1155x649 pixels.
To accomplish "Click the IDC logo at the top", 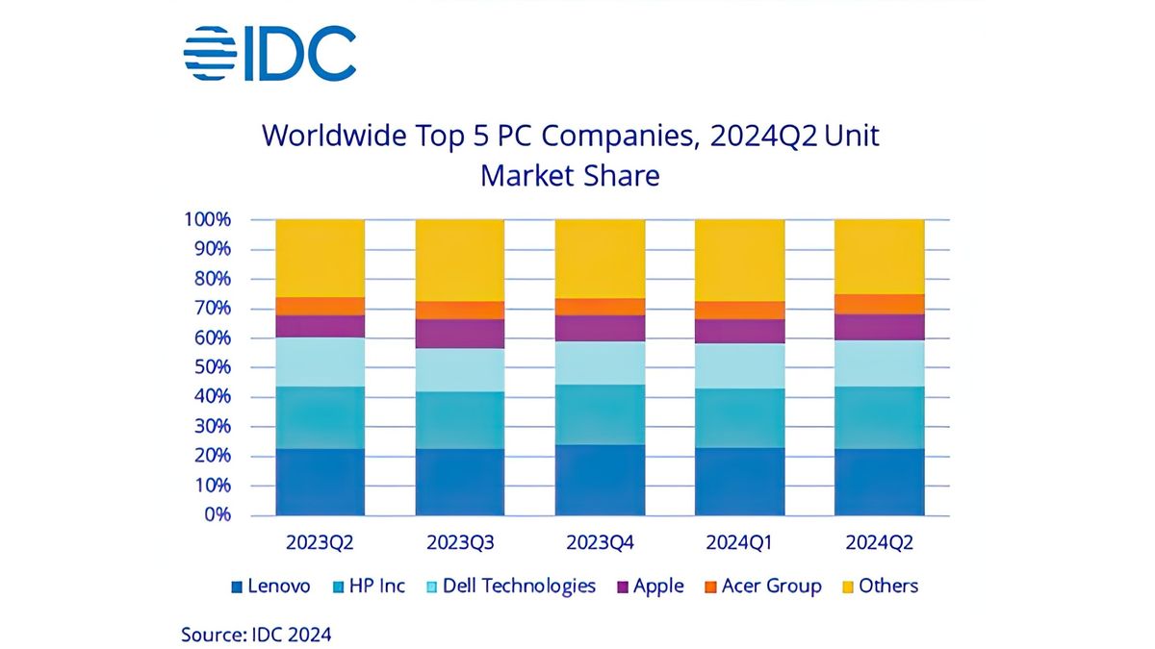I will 269,54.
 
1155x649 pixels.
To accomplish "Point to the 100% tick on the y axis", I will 208,219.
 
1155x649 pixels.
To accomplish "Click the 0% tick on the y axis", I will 217,514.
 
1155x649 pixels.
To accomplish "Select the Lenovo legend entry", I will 271,587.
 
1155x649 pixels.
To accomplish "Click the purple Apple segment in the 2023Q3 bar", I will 459,334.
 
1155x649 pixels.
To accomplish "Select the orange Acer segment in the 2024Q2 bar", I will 879,304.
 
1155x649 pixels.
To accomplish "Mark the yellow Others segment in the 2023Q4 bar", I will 599,258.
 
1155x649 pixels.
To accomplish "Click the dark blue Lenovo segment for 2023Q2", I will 320,482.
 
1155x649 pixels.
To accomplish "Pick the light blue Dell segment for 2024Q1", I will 738,366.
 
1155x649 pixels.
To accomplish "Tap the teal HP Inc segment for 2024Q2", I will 879,418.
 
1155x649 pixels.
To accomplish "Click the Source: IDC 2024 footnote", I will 257,635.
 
